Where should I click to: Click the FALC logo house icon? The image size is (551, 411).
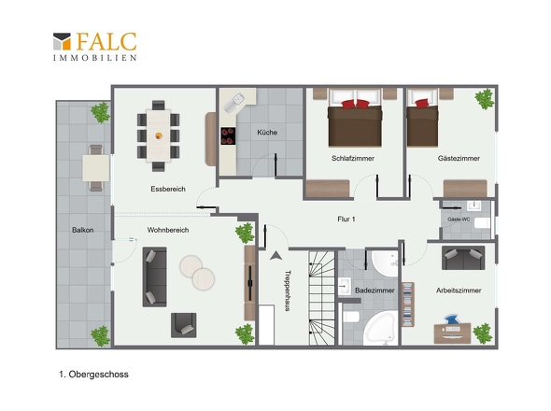coord(63,41)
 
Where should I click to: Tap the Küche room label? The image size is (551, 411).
coord(267,133)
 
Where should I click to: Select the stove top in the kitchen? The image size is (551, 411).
coord(228,136)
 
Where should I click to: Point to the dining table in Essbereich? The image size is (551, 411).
coord(159,135)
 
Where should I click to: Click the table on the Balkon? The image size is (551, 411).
coord(96,168)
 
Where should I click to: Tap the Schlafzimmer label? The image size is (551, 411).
coord(353,158)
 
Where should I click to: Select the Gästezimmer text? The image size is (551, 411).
coord(459,158)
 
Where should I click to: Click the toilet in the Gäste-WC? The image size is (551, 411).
coord(482,223)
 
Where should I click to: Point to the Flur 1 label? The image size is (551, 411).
coord(346,219)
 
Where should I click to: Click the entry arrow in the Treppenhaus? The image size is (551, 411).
coord(275,256)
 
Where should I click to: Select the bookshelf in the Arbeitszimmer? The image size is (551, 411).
coord(408,305)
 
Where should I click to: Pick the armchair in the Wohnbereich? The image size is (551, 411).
coord(183,326)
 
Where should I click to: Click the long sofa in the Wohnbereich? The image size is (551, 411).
coord(155,276)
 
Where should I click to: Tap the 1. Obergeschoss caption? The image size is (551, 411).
coord(93,374)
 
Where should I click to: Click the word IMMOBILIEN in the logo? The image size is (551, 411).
coord(95,58)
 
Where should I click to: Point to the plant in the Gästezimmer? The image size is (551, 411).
coord(485,99)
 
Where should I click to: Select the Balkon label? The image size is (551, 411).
coord(83,230)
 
